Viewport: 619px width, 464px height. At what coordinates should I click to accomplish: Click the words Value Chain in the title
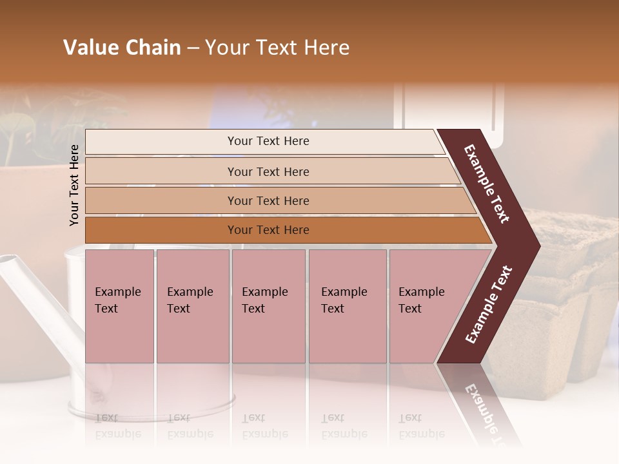click(x=122, y=48)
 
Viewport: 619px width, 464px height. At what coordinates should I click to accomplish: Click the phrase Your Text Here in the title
click(x=277, y=48)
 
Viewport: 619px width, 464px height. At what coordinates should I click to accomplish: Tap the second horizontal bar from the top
click(x=268, y=171)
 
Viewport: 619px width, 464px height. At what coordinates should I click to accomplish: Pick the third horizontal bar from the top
click(x=268, y=200)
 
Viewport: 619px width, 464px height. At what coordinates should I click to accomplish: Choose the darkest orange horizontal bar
click(x=268, y=230)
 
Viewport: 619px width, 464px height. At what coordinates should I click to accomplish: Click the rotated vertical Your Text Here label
click(x=75, y=185)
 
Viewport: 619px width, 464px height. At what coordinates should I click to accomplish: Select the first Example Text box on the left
click(x=119, y=305)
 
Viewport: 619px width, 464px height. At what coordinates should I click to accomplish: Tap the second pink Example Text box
click(x=192, y=305)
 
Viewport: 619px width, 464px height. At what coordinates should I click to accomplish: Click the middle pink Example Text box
click(x=268, y=305)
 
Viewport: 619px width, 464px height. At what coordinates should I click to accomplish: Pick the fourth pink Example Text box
click(x=347, y=305)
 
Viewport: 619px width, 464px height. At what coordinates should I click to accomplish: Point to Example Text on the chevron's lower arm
click(x=489, y=304)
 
